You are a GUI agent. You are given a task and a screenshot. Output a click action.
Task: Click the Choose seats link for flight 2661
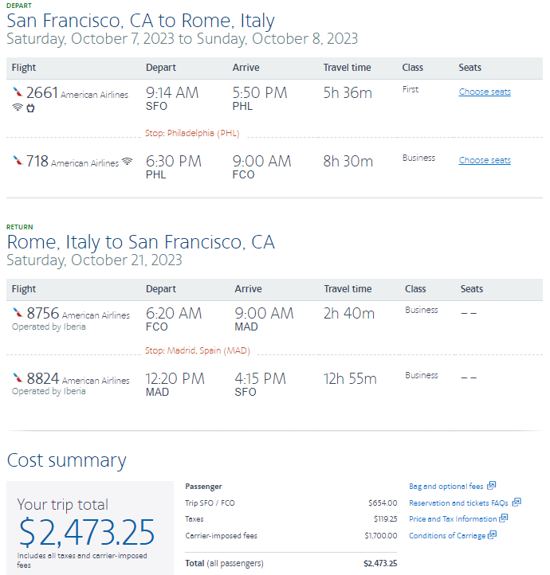pyautogui.click(x=485, y=92)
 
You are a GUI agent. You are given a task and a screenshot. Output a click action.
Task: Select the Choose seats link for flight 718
pyautogui.click(x=485, y=160)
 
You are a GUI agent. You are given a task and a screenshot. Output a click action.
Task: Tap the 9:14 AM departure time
pyautogui.click(x=172, y=93)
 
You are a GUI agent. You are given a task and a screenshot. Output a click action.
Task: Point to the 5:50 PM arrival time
pyautogui.click(x=260, y=93)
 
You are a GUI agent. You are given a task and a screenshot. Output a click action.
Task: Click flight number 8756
pyautogui.click(x=43, y=314)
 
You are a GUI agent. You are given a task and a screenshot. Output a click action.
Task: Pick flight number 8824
pyautogui.click(x=43, y=379)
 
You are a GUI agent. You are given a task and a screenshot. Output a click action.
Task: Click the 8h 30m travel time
pyautogui.click(x=348, y=162)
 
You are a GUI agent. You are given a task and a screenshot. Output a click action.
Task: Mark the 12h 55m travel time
pyautogui.click(x=350, y=379)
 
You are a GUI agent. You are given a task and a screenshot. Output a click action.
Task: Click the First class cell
pyautogui.click(x=411, y=89)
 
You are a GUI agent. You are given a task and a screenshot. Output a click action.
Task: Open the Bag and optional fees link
pyautogui.click(x=446, y=486)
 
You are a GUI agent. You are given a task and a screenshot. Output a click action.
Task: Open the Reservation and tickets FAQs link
pyautogui.click(x=459, y=503)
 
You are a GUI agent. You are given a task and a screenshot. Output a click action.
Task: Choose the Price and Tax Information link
pyautogui.click(x=453, y=518)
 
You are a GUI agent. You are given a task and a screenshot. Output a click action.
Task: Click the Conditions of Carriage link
pyautogui.click(x=447, y=535)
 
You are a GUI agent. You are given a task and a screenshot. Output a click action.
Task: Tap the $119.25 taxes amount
pyautogui.click(x=383, y=518)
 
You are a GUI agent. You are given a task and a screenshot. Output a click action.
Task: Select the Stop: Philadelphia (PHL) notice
pyautogui.click(x=192, y=133)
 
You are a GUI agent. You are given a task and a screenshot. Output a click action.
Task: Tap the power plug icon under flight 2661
pyautogui.click(x=30, y=108)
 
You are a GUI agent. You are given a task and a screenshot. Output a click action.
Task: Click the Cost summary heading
pyautogui.click(x=66, y=460)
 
